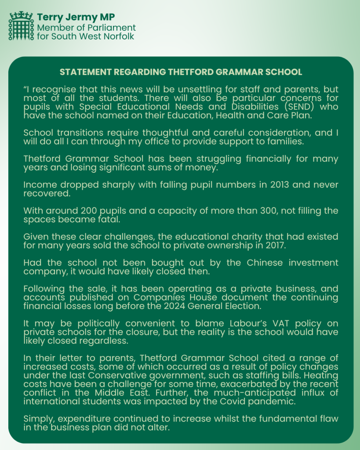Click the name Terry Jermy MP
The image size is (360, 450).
(76, 18)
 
